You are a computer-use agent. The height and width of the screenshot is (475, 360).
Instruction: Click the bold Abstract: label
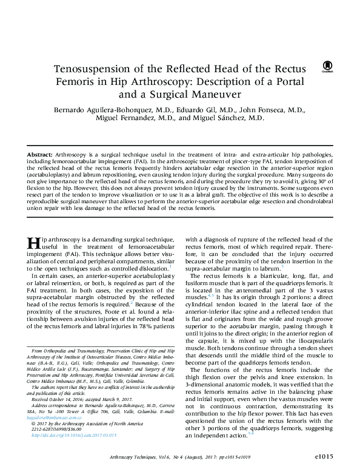(39, 156)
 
